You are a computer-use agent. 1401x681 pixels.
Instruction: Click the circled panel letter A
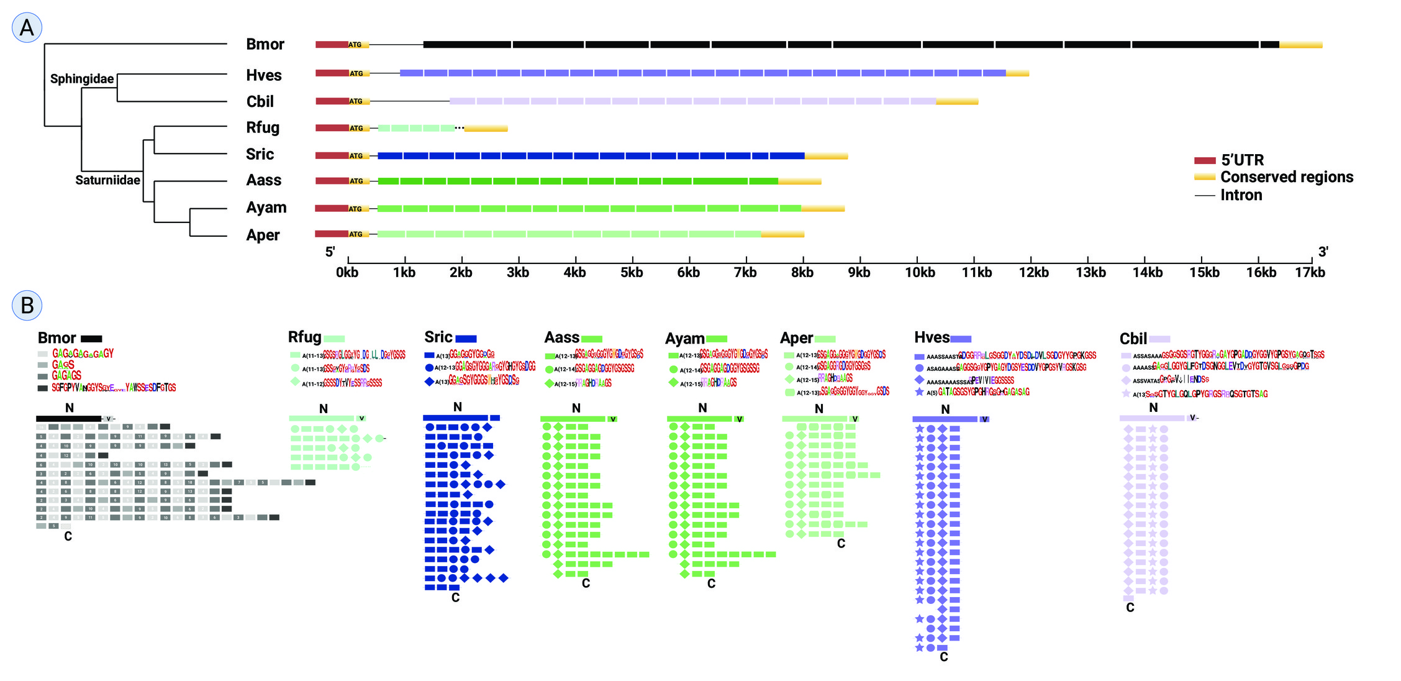[x=27, y=28]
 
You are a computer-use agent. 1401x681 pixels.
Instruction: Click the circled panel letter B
[x=27, y=306]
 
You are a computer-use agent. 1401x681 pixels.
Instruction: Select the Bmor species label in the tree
[x=265, y=45]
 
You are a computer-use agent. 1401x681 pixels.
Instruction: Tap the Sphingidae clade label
[x=82, y=79]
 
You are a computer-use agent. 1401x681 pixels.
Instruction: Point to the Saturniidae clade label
[x=107, y=180]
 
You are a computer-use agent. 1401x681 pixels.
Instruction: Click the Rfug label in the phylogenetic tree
[x=263, y=128]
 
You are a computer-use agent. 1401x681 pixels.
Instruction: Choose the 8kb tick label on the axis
[x=802, y=273]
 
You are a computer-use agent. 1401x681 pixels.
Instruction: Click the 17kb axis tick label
[x=1310, y=273]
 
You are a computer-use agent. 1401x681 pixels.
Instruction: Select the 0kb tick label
[x=347, y=273]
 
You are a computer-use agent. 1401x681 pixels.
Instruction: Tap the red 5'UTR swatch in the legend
[x=1204, y=160]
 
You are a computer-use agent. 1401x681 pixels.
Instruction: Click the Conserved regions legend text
[x=1287, y=177]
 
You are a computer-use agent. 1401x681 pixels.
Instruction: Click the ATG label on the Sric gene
[x=356, y=156]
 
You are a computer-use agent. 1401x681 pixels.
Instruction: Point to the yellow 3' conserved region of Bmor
[x=1300, y=45]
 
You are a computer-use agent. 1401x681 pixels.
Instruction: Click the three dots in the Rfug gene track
[x=459, y=128]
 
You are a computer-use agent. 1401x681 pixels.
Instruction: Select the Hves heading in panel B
[x=932, y=337]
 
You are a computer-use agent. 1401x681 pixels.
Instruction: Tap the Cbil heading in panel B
[x=1133, y=339]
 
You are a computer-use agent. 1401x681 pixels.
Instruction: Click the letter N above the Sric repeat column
[x=458, y=407]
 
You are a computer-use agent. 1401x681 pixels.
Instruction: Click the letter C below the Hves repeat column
[x=943, y=657]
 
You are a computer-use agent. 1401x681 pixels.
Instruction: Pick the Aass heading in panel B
[x=561, y=337]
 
